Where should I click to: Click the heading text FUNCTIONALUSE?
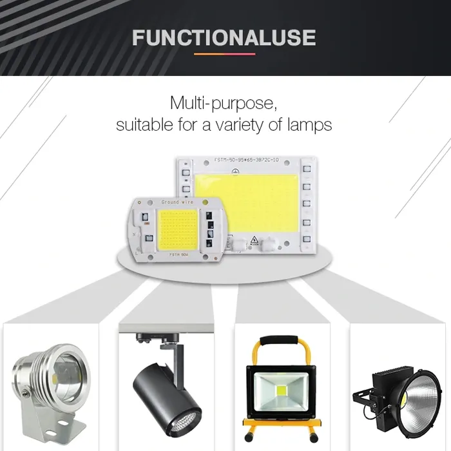(224, 37)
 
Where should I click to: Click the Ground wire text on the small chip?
(177, 202)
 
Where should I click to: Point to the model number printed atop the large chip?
(244, 158)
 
